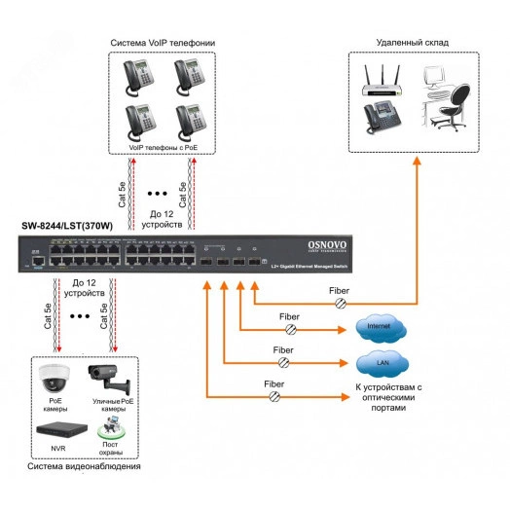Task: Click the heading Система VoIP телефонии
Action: (164, 43)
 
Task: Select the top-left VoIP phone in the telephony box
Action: (139, 76)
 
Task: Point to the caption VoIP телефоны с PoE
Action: (163, 145)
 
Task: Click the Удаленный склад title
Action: (413, 43)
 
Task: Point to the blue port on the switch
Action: (36, 261)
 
